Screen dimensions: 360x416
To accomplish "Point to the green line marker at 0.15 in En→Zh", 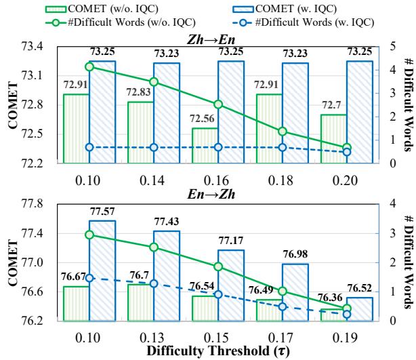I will tap(218, 266).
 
